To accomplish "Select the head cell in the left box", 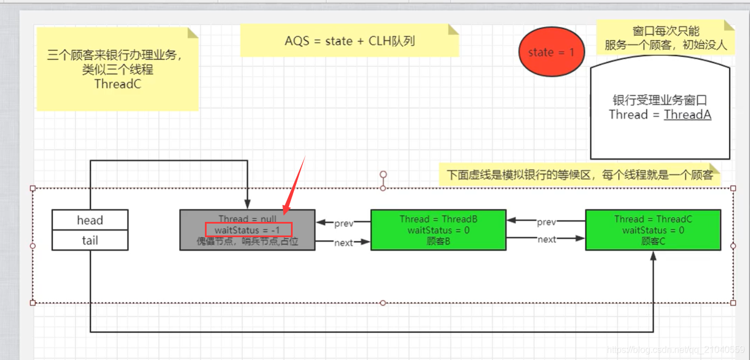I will (90, 220).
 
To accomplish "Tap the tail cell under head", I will (90, 241).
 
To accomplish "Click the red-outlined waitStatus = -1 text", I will (247, 230).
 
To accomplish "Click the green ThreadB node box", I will (438, 230).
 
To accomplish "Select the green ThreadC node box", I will (653, 230).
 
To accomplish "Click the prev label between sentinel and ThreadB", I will (344, 224).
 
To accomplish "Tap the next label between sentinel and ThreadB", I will (344, 243).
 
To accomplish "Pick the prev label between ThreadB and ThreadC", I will (546, 222).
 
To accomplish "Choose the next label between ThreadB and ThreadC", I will (546, 239).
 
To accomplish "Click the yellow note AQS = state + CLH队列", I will (349, 41).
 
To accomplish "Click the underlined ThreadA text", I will (687, 115).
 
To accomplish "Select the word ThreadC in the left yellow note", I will (117, 84).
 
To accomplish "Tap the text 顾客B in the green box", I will (438, 241).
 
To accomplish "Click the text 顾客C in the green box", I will (653, 241).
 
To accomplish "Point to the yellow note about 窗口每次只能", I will (665, 38).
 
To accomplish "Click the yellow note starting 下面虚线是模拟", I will (580, 174).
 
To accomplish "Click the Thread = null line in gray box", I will (247, 219).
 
